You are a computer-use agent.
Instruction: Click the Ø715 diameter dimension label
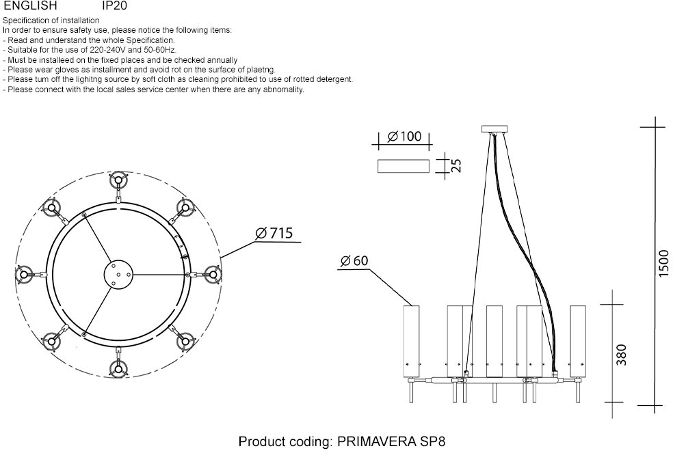click(274, 234)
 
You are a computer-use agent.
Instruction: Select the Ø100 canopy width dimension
click(404, 136)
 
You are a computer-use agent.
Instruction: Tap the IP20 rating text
click(114, 5)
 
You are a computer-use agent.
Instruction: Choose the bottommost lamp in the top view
click(119, 369)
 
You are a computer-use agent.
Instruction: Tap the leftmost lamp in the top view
click(24, 275)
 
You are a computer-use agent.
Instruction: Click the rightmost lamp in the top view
click(214, 275)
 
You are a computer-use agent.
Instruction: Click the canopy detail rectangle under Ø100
click(403, 166)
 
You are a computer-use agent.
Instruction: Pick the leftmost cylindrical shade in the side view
click(411, 339)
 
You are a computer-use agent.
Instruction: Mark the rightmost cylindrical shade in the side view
click(579, 339)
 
